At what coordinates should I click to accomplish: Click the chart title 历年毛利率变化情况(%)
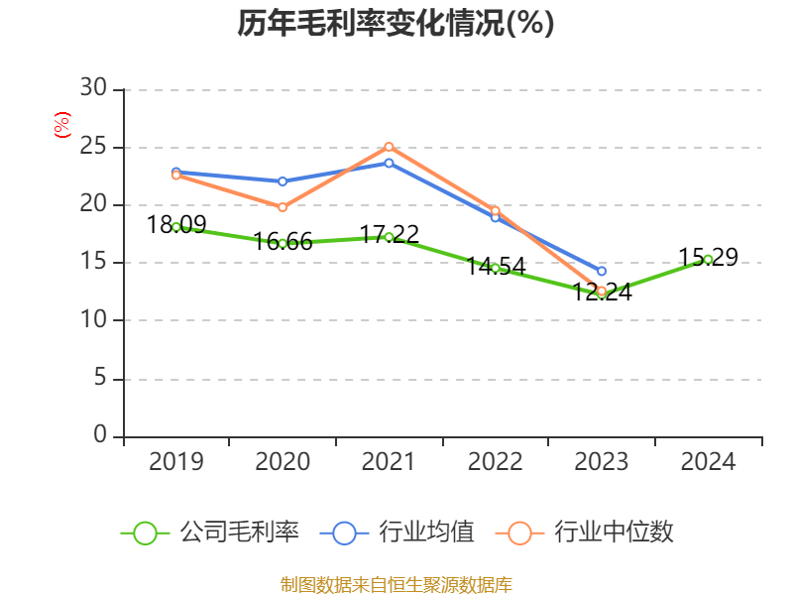[x=396, y=24]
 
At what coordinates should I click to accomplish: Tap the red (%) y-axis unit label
[x=61, y=126]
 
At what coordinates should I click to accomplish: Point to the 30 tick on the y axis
[x=93, y=89]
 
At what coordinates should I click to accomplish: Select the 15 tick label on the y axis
[x=93, y=263]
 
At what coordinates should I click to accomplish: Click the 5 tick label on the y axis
[x=99, y=379]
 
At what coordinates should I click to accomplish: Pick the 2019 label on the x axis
[x=176, y=462]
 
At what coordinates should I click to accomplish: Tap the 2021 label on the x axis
[x=389, y=462]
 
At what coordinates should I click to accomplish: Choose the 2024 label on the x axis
[x=708, y=462]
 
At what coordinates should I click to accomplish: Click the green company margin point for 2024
[x=708, y=259]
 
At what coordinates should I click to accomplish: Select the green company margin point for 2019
[x=176, y=227]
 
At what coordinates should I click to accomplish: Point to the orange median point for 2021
[x=389, y=147]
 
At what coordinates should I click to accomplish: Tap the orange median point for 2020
[x=283, y=207]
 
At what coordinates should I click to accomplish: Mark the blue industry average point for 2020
[x=283, y=181]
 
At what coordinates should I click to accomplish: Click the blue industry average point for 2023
[x=602, y=271]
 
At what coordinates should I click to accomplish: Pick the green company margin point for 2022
[x=495, y=268]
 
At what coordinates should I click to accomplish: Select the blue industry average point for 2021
[x=389, y=163]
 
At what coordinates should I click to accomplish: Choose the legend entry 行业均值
[x=397, y=533]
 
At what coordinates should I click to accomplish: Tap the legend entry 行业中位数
[x=591, y=533]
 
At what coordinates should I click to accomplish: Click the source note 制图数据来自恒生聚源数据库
[x=396, y=584]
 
